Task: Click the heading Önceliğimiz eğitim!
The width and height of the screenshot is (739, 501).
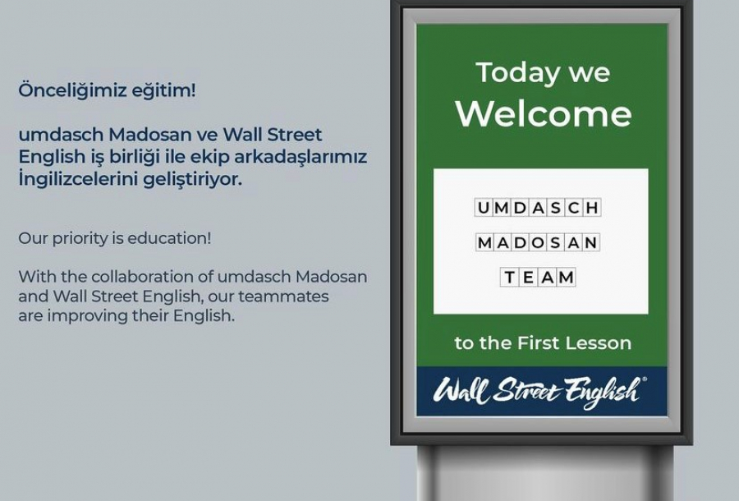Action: pyautogui.click(x=108, y=90)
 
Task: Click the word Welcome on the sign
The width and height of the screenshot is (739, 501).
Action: pyautogui.click(x=544, y=113)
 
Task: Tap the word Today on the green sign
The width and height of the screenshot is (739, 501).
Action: pyautogui.click(x=511, y=72)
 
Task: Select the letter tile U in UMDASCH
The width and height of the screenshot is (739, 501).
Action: pyautogui.click(x=484, y=208)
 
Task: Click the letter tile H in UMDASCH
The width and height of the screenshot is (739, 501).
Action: pyautogui.click(x=591, y=208)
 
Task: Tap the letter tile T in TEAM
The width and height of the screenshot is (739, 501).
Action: pyautogui.click(x=511, y=278)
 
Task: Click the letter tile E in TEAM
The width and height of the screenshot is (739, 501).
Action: pyautogui.click(x=529, y=278)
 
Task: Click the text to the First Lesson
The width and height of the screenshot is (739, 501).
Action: pyautogui.click(x=543, y=343)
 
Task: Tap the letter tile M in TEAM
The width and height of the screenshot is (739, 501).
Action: pyautogui.click(x=566, y=278)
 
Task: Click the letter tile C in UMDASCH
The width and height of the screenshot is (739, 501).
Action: pyautogui.click(x=573, y=208)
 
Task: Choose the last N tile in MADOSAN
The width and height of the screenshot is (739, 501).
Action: pyautogui.click(x=591, y=243)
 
